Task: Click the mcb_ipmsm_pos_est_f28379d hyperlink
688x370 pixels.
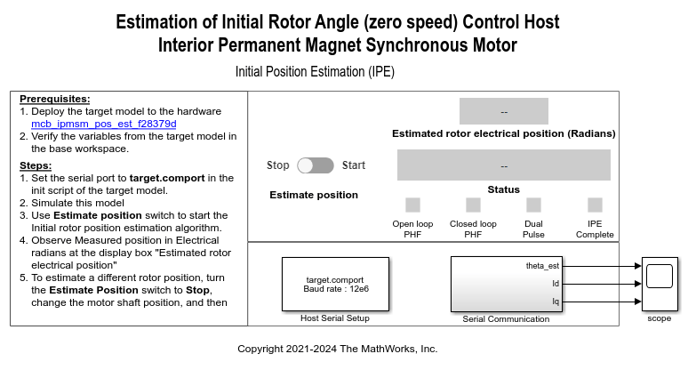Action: click(x=103, y=125)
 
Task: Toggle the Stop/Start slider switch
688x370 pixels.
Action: click(x=316, y=165)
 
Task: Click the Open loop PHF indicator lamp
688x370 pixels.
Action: click(x=412, y=205)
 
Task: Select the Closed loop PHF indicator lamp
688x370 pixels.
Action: click(x=473, y=205)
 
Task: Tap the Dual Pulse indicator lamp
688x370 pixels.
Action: click(x=533, y=205)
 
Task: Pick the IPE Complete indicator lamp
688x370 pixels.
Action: click(x=595, y=205)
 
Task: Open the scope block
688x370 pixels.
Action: click(x=660, y=284)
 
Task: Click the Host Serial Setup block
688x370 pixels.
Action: click(x=335, y=284)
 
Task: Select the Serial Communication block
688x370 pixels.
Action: click(x=507, y=284)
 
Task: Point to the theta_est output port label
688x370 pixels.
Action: click(x=542, y=266)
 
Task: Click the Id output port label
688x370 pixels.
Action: click(x=556, y=284)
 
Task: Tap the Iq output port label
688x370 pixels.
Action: click(x=556, y=302)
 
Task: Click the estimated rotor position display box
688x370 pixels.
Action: click(x=504, y=111)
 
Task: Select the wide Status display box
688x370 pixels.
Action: click(x=504, y=165)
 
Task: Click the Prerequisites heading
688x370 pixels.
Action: click(x=55, y=99)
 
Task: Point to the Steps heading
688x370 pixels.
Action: click(x=36, y=165)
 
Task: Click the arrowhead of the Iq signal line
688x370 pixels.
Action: click(x=638, y=302)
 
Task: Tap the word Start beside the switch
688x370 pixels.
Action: click(x=354, y=165)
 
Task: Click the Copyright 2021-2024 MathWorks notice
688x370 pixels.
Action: click(x=338, y=349)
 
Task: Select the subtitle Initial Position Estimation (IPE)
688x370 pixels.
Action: click(x=315, y=71)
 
